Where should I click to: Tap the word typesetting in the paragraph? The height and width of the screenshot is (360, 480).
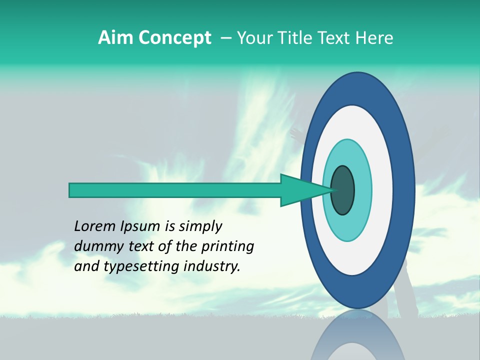click(x=142, y=266)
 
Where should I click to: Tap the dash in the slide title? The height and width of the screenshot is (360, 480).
click(x=225, y=38)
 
